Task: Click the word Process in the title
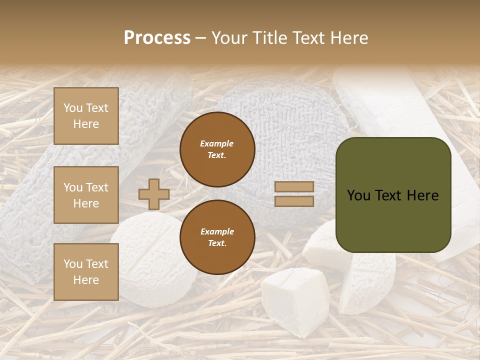click(157, 38)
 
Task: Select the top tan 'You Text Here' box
click(86, 116)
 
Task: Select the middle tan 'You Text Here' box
click(86, 195)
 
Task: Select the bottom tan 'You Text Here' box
click(86, 272)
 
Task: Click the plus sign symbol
click(154, 194)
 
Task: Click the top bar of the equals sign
click(294, 187)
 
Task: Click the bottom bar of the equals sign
click(294, 201)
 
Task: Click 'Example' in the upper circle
click(217, 143)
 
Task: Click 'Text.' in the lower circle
click(217, 243)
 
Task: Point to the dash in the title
click(200, 38)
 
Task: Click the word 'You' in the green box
click(358, 195)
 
